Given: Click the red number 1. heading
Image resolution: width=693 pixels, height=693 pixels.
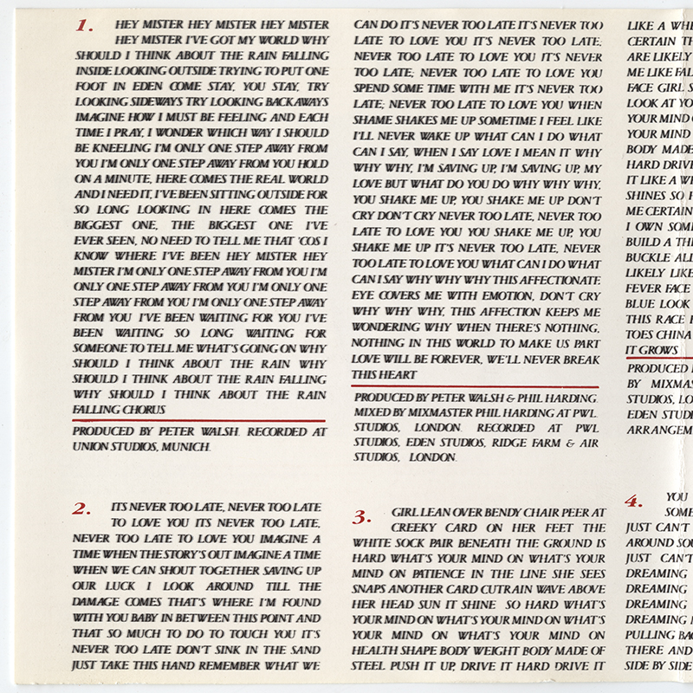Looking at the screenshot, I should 85,26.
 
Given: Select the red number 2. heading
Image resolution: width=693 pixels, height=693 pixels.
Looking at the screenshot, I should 83,509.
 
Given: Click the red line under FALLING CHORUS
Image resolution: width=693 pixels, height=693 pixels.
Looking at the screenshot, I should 200,420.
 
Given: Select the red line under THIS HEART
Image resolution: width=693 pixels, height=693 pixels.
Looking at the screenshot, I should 476,386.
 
